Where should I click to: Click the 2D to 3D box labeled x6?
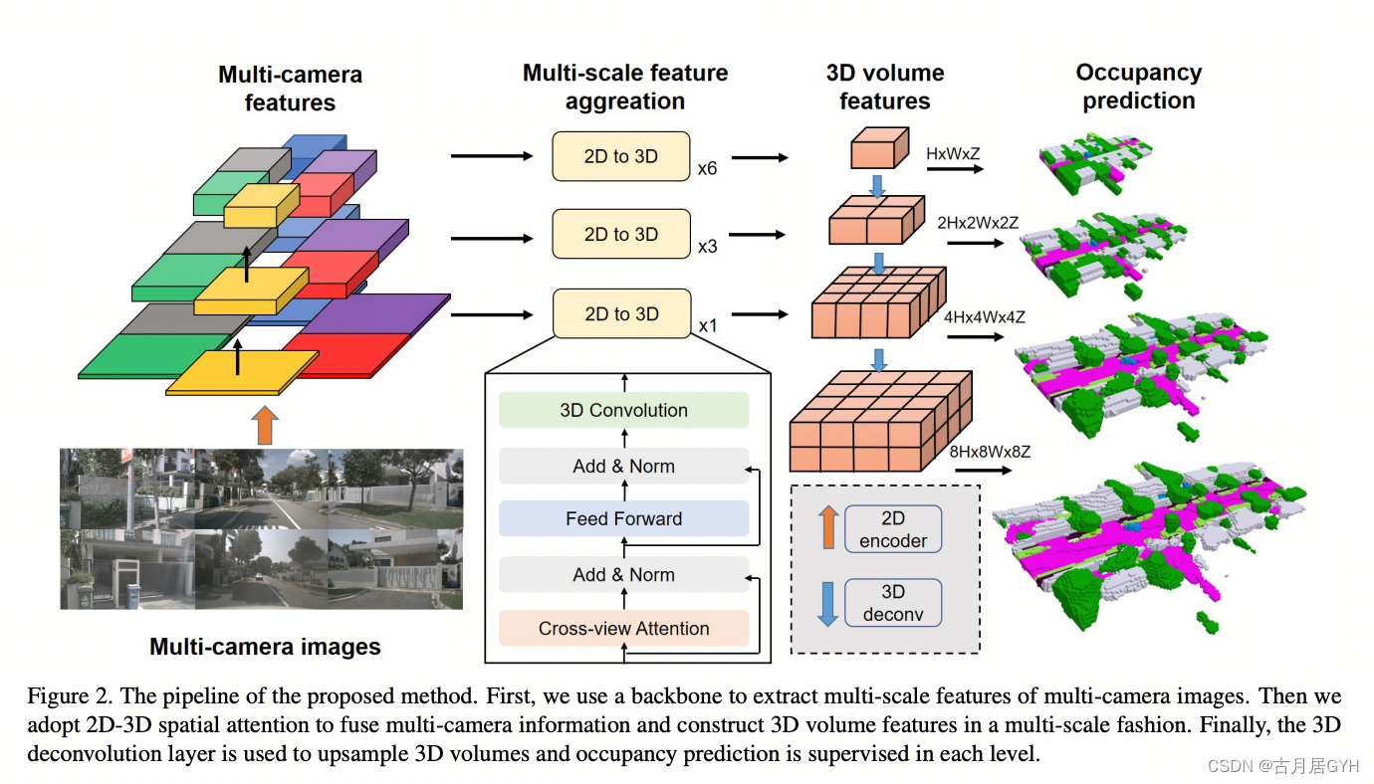(621, 156)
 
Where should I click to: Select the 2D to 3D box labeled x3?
(621, 235)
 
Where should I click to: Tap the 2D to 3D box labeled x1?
(621, 313)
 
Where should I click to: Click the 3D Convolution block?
(623, 410)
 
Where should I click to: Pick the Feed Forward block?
(623, 518)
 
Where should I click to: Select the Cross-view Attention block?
(623, 628)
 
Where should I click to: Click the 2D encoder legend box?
(892, 529)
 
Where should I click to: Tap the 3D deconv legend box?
(892, 603)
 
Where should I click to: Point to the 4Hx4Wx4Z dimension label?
(984, 317)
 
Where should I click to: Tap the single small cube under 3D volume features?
(878, 149)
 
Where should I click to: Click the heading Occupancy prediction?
(1138, 87)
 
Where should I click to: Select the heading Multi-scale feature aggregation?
(624, 87)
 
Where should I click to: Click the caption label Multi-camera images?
(265, 647)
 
